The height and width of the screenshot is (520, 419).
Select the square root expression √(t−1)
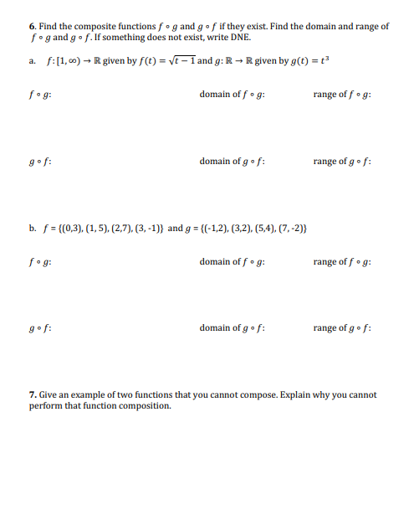point(181,62)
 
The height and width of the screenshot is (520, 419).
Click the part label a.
point(32,62)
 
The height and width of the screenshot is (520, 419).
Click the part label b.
point(32,227)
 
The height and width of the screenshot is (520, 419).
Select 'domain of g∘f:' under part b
point(232,328)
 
